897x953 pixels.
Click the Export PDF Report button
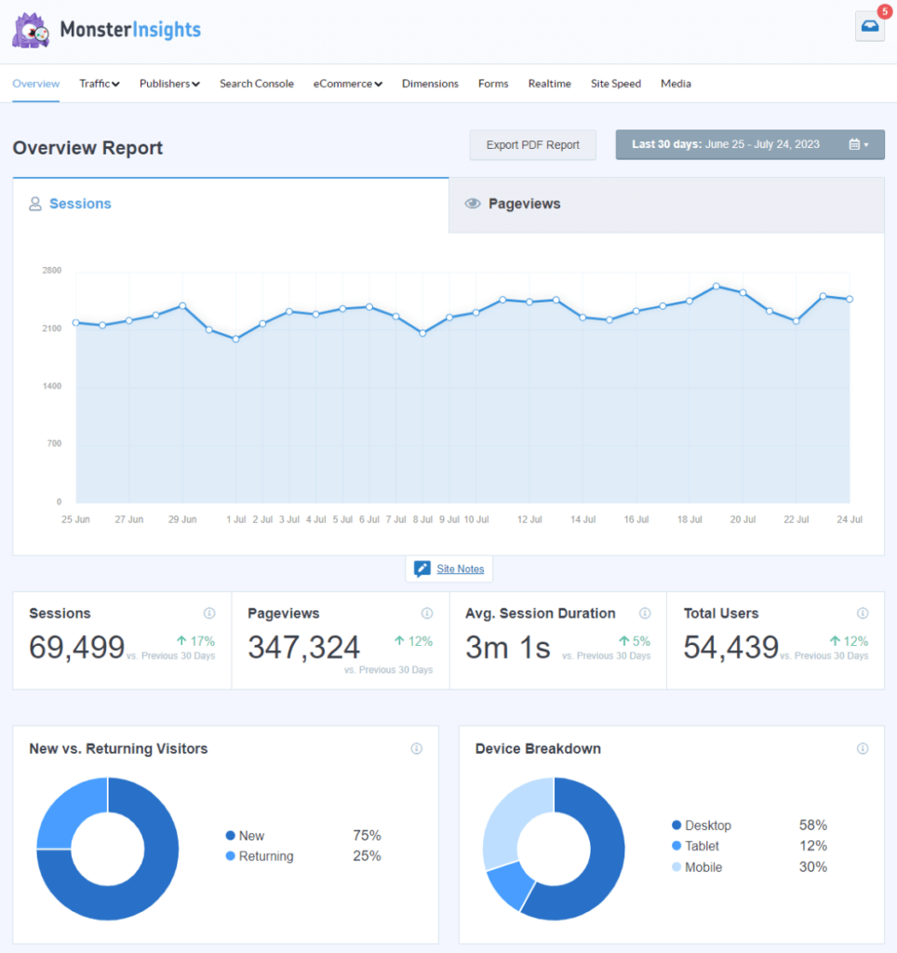(x=532, y=145)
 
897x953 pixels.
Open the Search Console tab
(x=256, y=84)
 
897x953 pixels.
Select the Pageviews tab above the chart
(x=524, y=204)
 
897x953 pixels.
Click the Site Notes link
(x=460, y=569)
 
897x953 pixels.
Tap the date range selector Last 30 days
(x=749, y=145)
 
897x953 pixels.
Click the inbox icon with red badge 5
(x=869, y=27)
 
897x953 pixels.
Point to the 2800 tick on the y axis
(x=51, y=271)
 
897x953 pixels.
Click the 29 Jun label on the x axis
(x=182, y=519)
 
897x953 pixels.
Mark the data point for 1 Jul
(x=236, y=339)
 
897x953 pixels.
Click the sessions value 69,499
(x=76, y=647)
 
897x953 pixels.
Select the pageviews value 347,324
(x=303, y=647)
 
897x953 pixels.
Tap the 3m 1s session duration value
(x=507, y=647)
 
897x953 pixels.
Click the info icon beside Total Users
(x=863, y=613)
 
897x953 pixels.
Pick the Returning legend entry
(x=265, y=856)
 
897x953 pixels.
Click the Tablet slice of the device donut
(x=507, y=884)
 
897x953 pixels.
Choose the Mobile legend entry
(x=703, y=867)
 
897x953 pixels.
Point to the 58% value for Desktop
(x=812, y=825)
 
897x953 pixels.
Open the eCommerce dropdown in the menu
(x=347, y=84)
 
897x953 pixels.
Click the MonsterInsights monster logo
(x=31, y=30)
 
